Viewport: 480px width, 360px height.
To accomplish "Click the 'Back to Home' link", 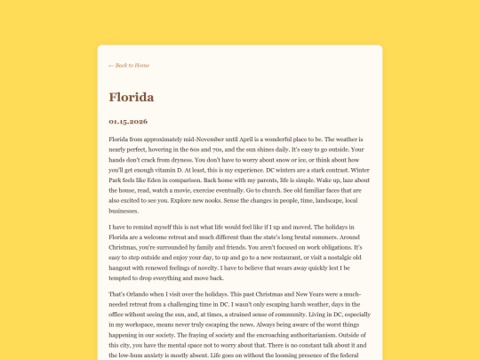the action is point(129,65).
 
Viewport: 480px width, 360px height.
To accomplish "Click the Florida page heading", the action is point(132,96).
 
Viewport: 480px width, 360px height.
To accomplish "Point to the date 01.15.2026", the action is point(128,121).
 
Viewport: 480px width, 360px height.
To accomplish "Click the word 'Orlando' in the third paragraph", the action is point(143,294).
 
